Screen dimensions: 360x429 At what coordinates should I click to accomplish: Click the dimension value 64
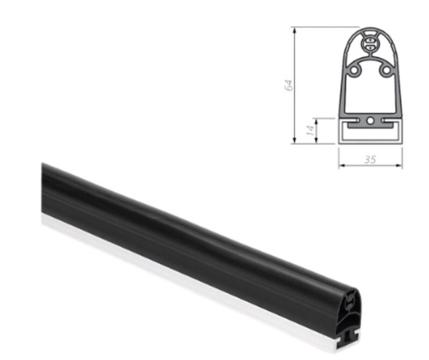point(287,85)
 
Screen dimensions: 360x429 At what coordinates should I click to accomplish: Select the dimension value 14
point(309,129)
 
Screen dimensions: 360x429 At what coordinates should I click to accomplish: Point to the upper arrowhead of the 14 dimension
point(317,119)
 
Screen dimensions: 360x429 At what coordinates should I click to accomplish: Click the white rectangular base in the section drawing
point(370,132)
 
